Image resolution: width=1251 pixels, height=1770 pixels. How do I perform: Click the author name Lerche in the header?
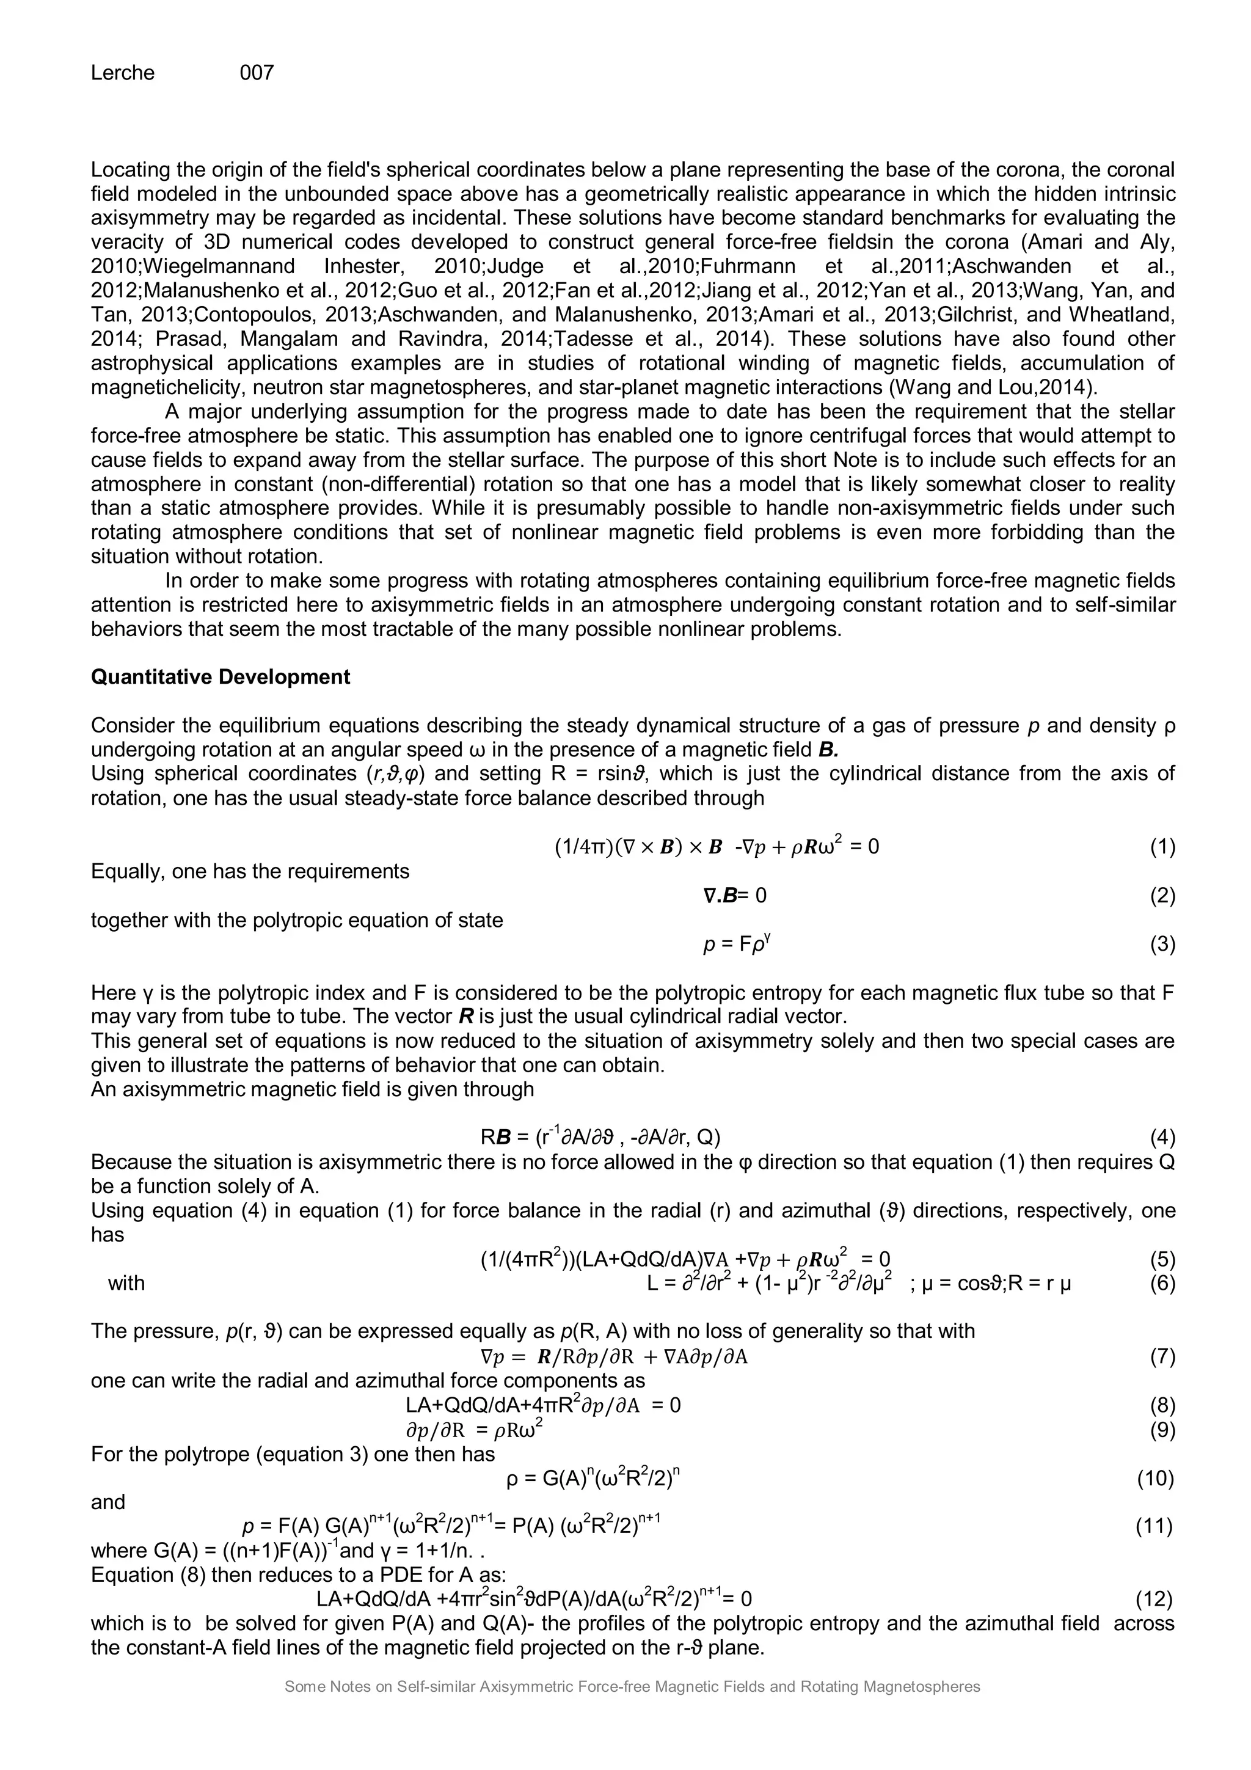pyautogui.click(x=123, y=73)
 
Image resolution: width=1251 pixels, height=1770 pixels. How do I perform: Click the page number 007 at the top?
pyautogui.click(x=257, y=73)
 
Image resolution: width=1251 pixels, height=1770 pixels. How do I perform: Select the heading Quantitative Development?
pyautogui.click(x=221, y=677)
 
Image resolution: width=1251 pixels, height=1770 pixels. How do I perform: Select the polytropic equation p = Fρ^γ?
pyautogui.click(x=736, y=943)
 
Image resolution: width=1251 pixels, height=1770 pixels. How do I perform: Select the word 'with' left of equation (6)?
pyautogui.click(x=126, y=1283)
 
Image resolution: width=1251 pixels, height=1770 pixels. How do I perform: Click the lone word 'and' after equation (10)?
pyautogui.click(x=108, y=1502)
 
